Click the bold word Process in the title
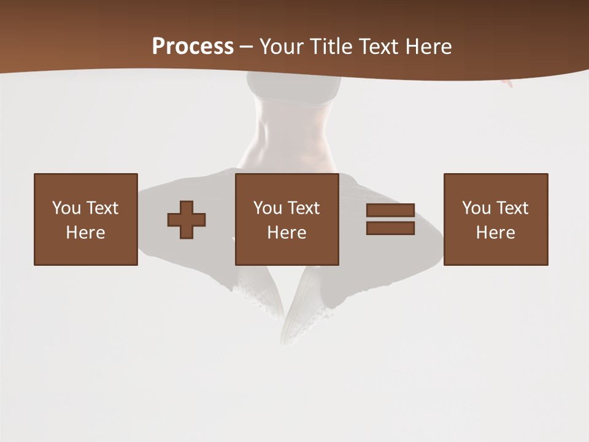click(193, 47)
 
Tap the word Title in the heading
click(333, 47)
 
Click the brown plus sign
click(187, 220)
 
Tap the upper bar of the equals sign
click(390, 211)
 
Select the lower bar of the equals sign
click(390, 228)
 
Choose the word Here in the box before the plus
click(85, 233)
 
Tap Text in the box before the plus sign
click(102, 208)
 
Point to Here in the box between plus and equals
click(287, 233)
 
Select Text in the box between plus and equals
click(303, 208)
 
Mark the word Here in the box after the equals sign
click(495, 233)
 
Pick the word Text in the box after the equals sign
click(512, 208)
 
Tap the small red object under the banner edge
click(507, 83)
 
